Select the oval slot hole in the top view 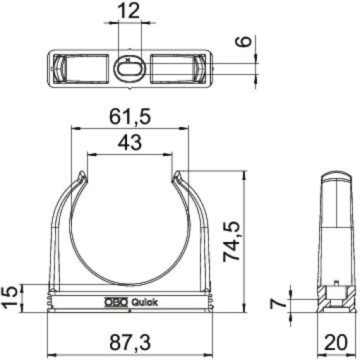point(130,69)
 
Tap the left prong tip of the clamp point(84,174)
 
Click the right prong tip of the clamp point(176,174)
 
